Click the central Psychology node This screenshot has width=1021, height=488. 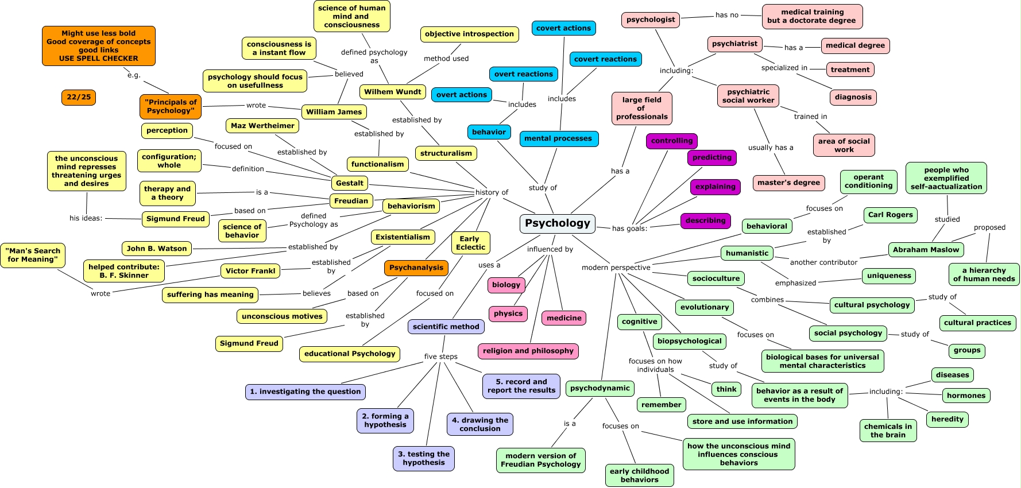558,223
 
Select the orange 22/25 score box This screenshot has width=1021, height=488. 79,97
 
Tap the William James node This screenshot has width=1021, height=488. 334,112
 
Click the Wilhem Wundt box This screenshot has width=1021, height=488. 393,92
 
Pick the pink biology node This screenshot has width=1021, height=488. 506,285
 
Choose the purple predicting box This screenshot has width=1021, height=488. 712,157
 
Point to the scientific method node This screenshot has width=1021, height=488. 446,327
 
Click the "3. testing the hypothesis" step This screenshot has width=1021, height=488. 424,459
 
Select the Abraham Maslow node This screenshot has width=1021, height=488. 926,250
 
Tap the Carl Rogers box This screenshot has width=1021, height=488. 891,215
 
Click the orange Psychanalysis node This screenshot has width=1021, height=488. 416,268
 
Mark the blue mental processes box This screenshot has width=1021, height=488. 558,138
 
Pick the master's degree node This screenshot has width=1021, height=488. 789,183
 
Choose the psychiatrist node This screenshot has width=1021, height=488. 735,44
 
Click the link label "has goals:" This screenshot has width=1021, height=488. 629,228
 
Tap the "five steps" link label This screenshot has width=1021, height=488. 441,357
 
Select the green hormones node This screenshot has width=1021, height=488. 966,396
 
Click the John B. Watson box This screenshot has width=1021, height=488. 157,249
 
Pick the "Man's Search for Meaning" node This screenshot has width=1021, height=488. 33,255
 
